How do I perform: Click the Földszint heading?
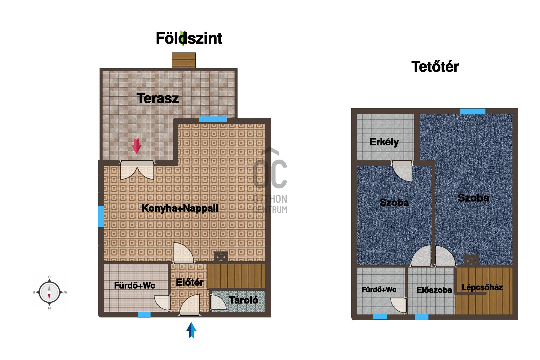pos(189,38)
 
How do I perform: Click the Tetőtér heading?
pos(435,67)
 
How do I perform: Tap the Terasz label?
pos(158,98)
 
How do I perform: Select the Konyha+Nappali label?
pos(180,208)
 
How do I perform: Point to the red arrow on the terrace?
pos(136,146)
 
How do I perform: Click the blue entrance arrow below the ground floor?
pos(191,330)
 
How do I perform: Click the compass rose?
pos(49,292)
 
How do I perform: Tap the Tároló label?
pos(244,300)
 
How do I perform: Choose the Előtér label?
pos(190,282)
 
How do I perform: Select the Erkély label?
pos(384,142)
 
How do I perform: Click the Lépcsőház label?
pos(482,287)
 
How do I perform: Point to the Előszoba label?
pos(434,290)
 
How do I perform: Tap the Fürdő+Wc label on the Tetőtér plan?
pos(379,289)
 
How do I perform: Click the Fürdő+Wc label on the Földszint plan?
pos(134,285)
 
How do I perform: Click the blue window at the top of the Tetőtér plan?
pos(473,111)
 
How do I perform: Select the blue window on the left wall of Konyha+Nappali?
pos(101,216)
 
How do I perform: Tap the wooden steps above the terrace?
pos(184,60)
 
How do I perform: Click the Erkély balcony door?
pos(402,171)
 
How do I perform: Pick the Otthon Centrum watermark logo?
pos(270,181)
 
